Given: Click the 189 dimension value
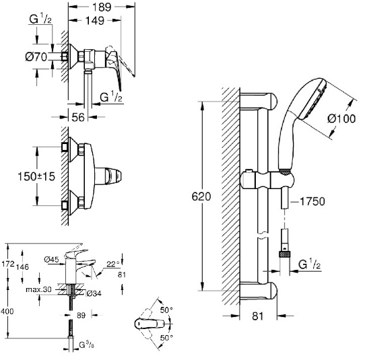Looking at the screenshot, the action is point(102,7).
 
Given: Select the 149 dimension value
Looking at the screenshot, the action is point(95,21).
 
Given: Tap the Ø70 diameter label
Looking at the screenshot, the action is point(36,57).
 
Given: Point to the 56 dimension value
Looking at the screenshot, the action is point(78,117).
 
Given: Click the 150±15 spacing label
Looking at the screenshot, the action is point(36,176).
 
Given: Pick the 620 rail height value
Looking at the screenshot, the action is point(201,196).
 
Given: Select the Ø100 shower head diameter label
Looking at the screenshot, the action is point(341,119).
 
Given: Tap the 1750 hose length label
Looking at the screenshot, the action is point(312,201).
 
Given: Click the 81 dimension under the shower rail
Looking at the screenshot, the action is point(258,316).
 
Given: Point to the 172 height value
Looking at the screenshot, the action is point(8,264).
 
